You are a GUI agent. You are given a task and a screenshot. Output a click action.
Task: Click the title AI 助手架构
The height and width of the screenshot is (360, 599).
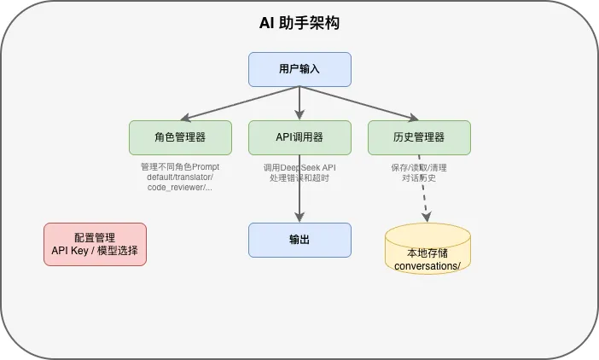pos(299,23)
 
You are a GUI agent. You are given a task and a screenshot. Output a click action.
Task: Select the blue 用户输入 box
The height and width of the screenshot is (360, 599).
pos(299,69)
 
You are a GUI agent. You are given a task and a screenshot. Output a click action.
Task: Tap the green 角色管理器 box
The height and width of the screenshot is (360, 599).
pos(180,136)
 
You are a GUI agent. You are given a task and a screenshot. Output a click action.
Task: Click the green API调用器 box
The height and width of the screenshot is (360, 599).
pos(299,136)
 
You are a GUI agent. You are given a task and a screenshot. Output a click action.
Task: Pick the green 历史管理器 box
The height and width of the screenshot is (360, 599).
pos(419,136)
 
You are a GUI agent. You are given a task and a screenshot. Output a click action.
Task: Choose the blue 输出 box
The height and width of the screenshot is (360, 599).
pos(299,240)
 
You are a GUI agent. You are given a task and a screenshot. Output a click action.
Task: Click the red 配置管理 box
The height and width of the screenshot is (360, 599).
pos(95,244)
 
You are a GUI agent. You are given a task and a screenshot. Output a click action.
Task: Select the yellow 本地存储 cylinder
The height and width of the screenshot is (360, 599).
pos(428,248)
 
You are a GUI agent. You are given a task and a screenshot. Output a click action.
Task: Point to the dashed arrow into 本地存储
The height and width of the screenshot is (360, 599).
pos(422,203)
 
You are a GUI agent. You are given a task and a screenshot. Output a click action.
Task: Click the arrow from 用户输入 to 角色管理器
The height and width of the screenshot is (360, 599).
pos(239,103)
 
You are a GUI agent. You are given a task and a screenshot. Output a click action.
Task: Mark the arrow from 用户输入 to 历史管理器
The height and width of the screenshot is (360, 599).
pos(359,103)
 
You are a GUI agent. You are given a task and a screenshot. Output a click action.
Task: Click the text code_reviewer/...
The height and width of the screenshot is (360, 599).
pos(180,188)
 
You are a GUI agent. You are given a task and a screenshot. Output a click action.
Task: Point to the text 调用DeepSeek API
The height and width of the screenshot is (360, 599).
pos(299,167)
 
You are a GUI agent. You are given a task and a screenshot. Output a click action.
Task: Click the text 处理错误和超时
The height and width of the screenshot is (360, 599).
pos(299,177)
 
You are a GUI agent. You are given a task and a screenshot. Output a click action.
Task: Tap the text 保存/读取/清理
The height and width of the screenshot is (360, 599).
pos(419,167)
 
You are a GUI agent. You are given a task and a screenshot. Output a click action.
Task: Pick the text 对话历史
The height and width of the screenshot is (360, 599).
pos(419,177)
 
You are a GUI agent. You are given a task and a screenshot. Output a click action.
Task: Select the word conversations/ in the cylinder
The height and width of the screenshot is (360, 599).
pos(428,265)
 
